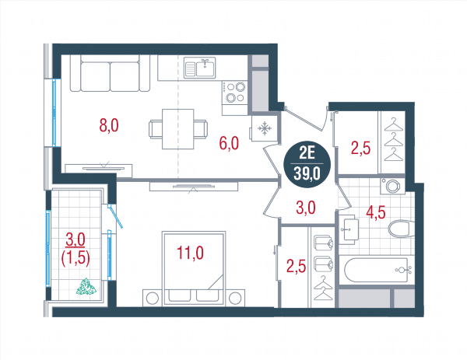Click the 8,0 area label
(x=109, y=125)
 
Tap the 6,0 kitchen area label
(x=229, y=143)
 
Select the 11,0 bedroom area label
(x=190, y=253)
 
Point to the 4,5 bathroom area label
(x=376, y=212)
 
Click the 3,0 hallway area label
(x=306, y=208)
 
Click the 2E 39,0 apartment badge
(x=307, y=165)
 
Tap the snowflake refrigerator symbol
(x=265, y=129)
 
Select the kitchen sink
(x=199, y=68)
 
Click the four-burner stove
(x=235, y=92)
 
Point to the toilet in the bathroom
(x=401, y=229)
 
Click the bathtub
(x=377, y=270)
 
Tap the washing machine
(x=392, y=186)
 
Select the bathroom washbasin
(x=350, y=229)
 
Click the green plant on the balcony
(x=86, y=286)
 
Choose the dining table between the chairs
(x=178, y=129)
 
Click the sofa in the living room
(x=110, y=73)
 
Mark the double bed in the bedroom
(x=193, y=268)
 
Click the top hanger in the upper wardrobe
(x=393, y=124)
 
